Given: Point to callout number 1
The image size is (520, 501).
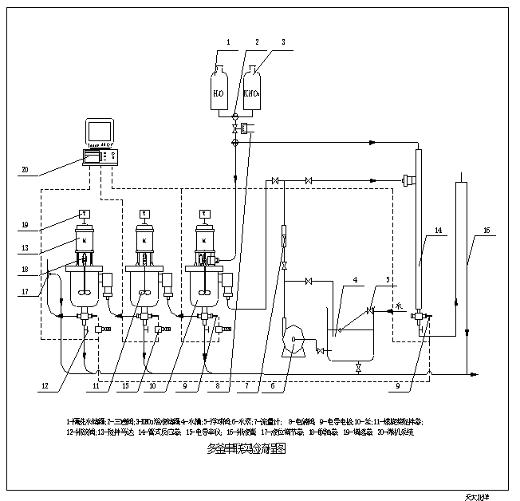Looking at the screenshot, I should (x=227, y=41).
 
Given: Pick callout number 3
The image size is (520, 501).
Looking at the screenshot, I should (x=282, y=41).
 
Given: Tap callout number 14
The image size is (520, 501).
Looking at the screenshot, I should (x=437, y=231).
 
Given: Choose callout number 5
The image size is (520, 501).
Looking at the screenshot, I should (x=388, y=279).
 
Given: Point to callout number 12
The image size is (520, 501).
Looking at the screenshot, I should (x=47, y=387).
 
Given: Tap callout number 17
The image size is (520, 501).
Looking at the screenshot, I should (x=25, y=292).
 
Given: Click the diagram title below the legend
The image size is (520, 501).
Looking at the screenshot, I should (x=246, y=448).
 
